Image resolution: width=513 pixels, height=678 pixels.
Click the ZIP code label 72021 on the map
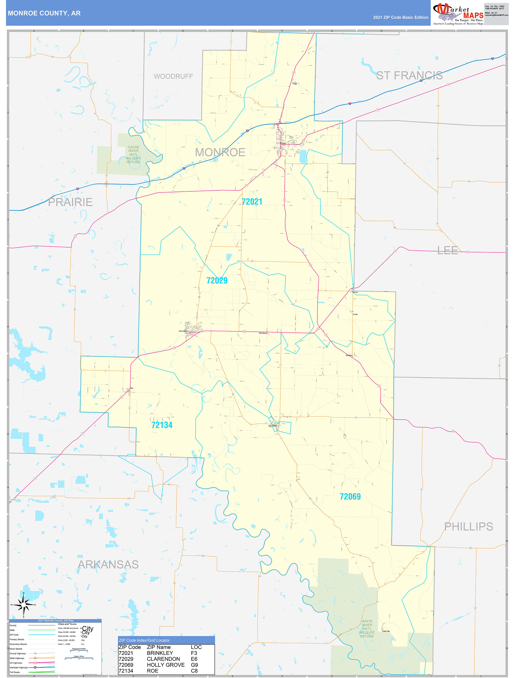click(x=252, y=202)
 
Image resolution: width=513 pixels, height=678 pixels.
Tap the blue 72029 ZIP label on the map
click(x=217, y=280)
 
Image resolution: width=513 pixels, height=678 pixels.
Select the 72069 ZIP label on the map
click(x=350, y=497)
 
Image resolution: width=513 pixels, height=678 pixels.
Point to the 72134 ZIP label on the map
click(x=162, y=425)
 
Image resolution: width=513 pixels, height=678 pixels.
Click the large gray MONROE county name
click(x=220, y=152)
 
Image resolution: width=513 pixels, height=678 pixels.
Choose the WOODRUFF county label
click(x=173, y=76)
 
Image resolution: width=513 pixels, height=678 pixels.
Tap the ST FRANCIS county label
click(x=409, y=75)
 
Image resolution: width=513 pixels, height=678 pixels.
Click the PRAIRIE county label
click(x=70, y=202)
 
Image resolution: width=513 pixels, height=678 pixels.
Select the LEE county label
click(x=448, y=250)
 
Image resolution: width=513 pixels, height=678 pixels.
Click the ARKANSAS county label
click(x=108, y=564)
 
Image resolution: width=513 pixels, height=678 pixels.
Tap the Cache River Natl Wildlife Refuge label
click(x=133, y=154)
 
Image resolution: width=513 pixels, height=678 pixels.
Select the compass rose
click(x=23, y=604)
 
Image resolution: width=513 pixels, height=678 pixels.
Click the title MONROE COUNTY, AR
click(x=44, y=13)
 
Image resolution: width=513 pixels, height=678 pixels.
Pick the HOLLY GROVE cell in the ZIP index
click(x=166, y=665)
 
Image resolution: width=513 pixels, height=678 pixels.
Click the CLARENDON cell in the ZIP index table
click(x=163, y=659)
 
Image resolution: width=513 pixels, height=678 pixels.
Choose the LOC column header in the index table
click(x=196, y=647)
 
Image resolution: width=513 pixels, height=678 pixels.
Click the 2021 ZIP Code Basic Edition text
click(x=401, y=17)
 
